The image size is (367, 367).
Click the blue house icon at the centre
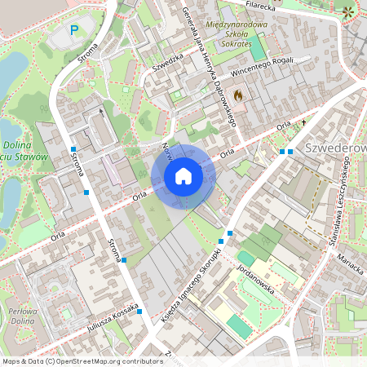[183, 175]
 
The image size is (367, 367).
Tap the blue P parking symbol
[74, 30]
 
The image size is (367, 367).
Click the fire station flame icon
[238, 95]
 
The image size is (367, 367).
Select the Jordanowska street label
[259, 281]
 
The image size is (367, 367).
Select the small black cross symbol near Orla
[303, 122]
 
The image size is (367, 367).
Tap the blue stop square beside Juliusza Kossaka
[139, 312]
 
